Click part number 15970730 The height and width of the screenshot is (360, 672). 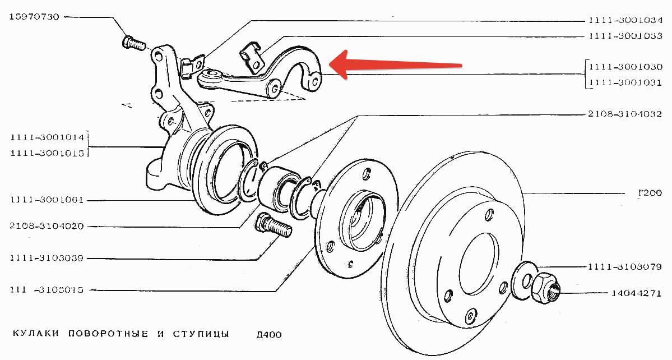pos(34,17)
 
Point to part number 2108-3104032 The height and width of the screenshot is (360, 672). pos(625,114)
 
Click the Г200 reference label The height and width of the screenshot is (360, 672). pos(650,193)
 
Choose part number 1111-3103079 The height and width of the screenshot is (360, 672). pos(625,266)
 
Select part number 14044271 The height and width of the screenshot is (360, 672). pos(636,293)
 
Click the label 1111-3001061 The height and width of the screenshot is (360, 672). pos(47,200)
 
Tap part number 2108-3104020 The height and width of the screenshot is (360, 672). pos(47,226)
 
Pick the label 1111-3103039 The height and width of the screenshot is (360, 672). pos(47,258)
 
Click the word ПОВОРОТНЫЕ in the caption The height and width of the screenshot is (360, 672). pos(109,334)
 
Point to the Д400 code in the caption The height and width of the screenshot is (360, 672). pos(269,334)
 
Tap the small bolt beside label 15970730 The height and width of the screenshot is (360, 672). pos(134,43)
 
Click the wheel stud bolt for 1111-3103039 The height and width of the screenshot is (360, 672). pos(274,227)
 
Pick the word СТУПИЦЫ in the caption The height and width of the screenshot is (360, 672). pos(201,334)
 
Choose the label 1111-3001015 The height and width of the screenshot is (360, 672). pos(47,153)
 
